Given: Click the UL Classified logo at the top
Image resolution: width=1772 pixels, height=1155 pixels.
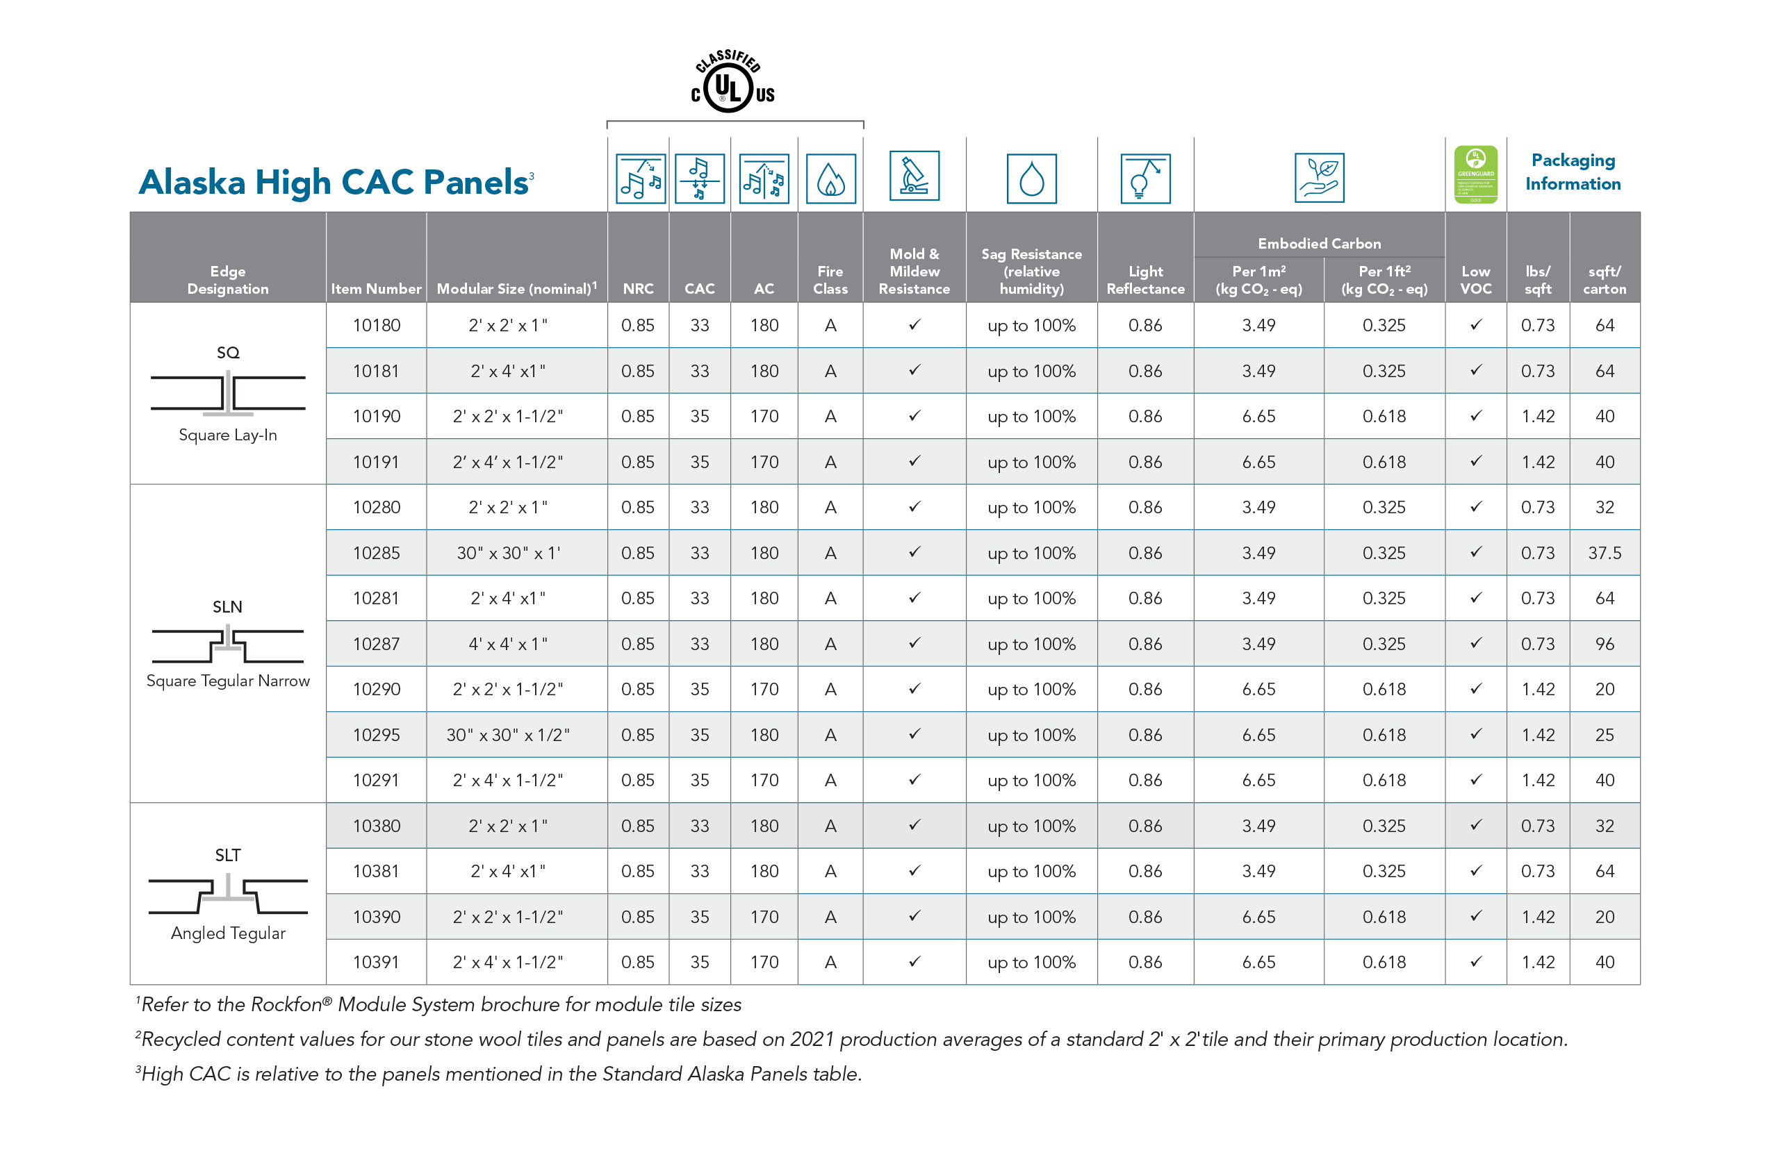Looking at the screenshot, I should (x=732, y=82).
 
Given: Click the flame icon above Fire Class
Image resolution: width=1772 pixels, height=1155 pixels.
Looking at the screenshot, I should (x=830, y=178).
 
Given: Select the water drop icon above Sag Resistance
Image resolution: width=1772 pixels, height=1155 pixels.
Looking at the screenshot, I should (x=1031, y=178).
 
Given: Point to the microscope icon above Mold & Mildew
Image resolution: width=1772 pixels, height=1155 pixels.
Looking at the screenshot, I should (x=914, y=176).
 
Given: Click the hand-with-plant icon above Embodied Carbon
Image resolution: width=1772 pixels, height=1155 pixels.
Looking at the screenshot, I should (x=1319, y=178).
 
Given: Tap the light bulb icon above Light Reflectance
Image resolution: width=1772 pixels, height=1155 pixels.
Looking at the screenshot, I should (x=1145, y=178).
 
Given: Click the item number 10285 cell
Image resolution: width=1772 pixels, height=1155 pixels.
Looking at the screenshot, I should (x=376, y=553).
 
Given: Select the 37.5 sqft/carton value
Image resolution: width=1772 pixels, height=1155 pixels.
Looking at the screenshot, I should (x=1605, y=553).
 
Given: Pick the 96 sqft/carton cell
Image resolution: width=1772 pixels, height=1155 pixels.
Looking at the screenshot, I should (x=1605, y=644).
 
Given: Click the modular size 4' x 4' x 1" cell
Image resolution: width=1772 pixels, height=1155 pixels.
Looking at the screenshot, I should (x=508, y=644).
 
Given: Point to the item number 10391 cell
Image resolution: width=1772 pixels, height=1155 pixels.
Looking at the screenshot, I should (x=376, y=962).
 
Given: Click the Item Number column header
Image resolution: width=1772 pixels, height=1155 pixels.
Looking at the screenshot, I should (x=376, y=289).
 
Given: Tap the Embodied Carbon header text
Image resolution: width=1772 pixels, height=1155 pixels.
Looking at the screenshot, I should (x=1319, y=243).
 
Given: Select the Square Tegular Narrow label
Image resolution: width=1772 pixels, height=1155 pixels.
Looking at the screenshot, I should (x=228, y=681).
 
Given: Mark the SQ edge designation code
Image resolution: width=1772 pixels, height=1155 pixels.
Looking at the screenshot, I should (x=228, y=353).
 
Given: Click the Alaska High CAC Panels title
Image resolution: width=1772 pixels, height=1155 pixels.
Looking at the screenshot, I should (x=334, y=183).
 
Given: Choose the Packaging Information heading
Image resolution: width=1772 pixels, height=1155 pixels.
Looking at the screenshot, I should (x=1573, y=172).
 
